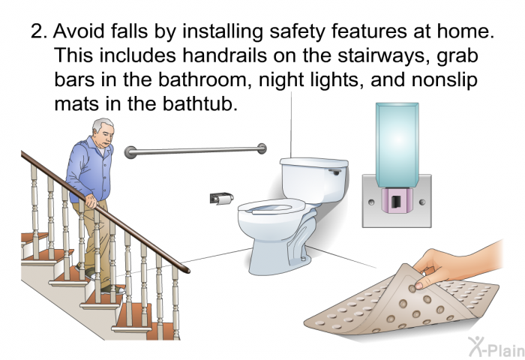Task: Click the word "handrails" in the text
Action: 225,55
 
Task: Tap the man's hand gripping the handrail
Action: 91,201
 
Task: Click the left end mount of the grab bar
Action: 130,152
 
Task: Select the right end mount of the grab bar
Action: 262,148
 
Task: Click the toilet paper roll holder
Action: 222,198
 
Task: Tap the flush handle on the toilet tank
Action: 334,172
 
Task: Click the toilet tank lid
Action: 313,163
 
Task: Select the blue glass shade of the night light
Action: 397,144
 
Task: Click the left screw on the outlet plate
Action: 371,202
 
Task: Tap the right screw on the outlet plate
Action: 422,202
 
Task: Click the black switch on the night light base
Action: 397,201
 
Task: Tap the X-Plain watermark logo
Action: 496,346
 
